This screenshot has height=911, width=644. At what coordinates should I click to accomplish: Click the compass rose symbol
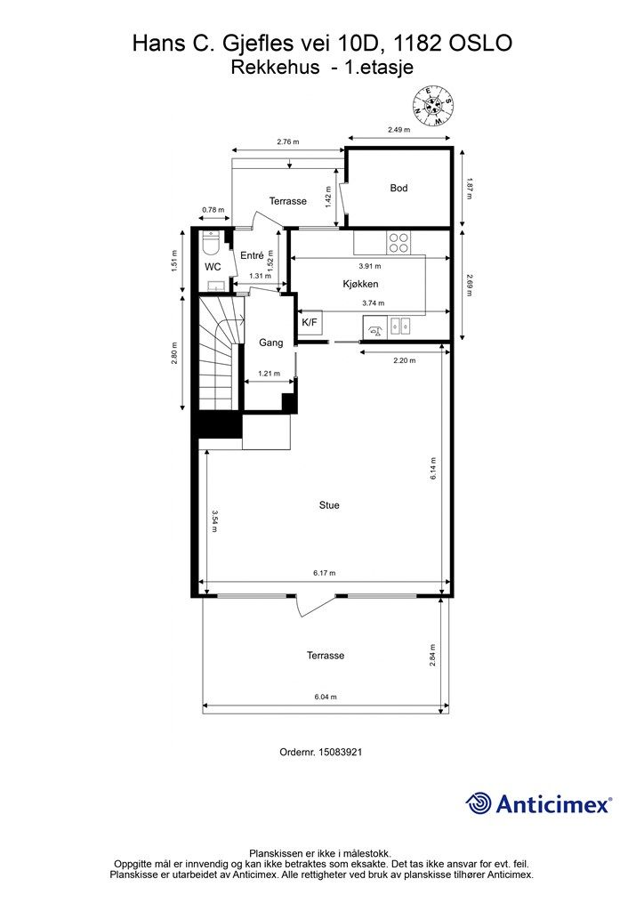click(432, 105)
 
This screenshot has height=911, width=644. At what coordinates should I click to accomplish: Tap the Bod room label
click(399, 188)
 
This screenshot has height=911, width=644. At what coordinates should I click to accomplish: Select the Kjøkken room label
click(360, 284)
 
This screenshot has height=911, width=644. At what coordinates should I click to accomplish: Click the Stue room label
click(329, 505)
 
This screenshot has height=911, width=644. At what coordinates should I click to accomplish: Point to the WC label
click(213, 267)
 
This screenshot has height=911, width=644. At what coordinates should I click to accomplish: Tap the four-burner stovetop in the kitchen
click(398, 243)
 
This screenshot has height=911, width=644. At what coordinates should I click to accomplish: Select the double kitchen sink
click(399, 326)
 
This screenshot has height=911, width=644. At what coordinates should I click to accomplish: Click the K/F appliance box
click(310, 323)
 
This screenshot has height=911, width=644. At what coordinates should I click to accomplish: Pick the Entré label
click(252, 255)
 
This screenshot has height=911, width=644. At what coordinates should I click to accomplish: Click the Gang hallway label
click(270, 343)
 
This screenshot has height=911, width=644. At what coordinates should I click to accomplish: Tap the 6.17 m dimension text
click(325, 573)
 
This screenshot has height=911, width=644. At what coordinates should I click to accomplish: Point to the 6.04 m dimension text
click(326, 697)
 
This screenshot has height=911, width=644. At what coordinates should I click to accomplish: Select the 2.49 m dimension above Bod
click(399, 130)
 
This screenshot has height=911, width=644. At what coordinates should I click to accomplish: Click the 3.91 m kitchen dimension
click(370, 266)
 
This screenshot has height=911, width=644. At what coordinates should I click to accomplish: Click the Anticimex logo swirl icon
click(479, 803)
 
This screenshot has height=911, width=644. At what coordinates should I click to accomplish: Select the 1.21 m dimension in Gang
click(269, 373)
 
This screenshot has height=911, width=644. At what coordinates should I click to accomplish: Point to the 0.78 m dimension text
click(213, 210)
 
